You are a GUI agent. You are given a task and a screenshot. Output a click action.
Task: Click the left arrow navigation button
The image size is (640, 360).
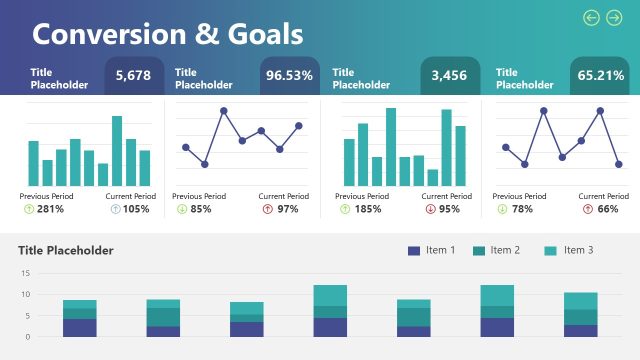[x=591, y=17]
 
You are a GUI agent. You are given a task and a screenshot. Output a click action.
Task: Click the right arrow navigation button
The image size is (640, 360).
[x=614, y=17]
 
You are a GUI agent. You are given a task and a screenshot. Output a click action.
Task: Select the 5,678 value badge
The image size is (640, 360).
[x=133, y=76]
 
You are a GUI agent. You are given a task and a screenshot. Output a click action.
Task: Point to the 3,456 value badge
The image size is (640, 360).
[x=449, y=76]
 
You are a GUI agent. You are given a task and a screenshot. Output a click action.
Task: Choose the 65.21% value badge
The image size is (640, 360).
[x=604, y=76]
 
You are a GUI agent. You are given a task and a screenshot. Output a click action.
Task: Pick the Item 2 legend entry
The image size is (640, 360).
[x=497, y=250]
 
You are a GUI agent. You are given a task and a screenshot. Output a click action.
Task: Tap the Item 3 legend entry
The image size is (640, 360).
[x=569, y=250]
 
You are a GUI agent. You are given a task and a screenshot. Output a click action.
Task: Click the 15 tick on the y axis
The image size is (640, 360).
[x=25, y=273]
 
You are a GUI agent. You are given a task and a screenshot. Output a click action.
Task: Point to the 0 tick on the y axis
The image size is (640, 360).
[x=27, y=337]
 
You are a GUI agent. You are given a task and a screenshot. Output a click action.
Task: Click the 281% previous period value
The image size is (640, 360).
[x=50, y=209]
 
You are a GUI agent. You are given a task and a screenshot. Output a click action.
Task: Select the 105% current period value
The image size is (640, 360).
[x=136, y=209]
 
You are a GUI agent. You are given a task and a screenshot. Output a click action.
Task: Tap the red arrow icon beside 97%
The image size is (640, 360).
[x=267, y=209]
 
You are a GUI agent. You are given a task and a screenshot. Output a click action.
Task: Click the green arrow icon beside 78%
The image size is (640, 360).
[x=502, y=209]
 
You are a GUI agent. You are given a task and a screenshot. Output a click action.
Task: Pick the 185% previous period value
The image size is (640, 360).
[x=367, y=209]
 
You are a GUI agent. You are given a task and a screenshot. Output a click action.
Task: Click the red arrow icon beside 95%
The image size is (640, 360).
[x=430, y=209]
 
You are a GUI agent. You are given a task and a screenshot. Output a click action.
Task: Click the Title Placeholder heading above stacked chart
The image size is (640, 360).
[x=66, y=250]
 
